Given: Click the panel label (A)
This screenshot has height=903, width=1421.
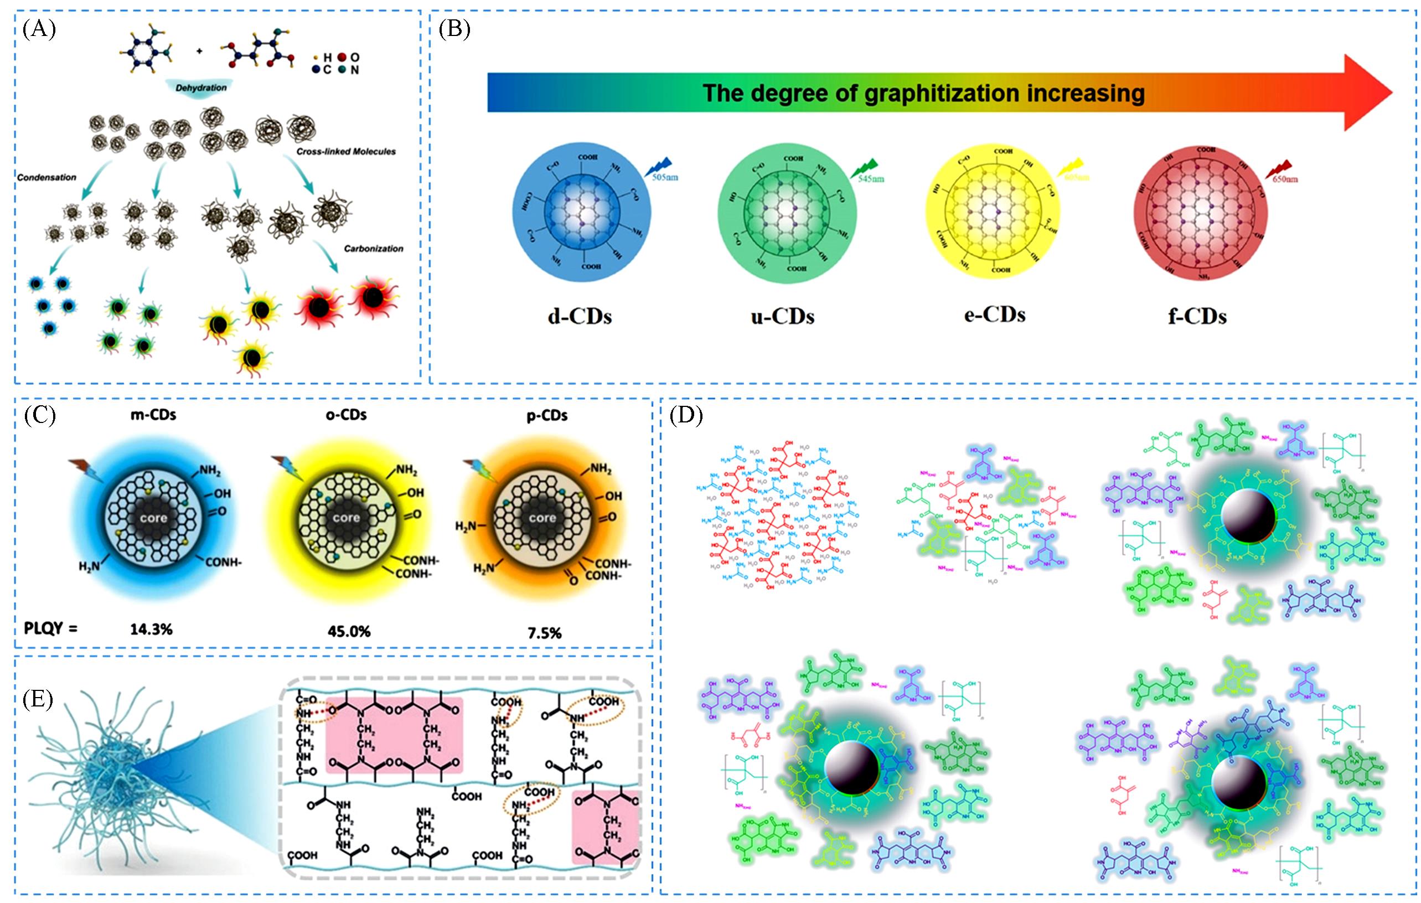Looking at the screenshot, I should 39,28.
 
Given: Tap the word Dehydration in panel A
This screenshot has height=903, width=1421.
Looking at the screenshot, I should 200,87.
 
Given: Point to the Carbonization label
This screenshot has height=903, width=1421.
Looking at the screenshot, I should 374,249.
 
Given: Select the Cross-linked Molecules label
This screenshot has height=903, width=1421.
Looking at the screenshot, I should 346,152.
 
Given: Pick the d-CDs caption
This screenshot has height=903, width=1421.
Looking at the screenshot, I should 580,317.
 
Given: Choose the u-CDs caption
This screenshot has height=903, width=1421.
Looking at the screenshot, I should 783,317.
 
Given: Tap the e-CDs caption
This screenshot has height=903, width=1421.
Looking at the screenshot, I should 994,314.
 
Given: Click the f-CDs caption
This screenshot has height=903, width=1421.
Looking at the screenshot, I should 1197,317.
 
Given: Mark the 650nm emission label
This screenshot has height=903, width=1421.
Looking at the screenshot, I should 1284,179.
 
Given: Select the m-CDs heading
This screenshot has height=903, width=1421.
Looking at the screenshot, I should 153,415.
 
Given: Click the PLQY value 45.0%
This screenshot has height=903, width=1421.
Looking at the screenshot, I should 349,632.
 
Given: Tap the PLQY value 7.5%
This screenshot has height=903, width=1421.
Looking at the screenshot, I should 544,633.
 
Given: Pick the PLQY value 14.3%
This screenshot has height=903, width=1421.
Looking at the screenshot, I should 152,629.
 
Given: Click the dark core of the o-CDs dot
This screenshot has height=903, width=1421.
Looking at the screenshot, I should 346,518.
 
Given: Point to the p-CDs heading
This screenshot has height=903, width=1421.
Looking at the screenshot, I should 547,415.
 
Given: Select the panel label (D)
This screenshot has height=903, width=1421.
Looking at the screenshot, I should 686,416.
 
